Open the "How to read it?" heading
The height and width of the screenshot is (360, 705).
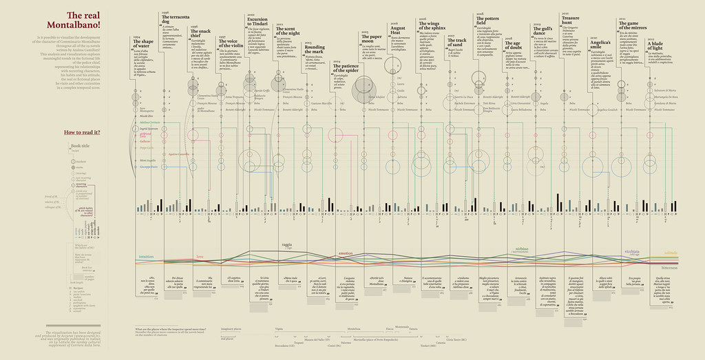[x=83, y=131]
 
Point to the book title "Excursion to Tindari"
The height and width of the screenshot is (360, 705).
[x=258, y=23]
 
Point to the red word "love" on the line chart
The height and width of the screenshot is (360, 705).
[x=200, y=257]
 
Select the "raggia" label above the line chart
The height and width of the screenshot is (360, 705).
[x=286, y=244]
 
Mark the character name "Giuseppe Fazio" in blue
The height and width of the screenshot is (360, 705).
[x=149, y=167]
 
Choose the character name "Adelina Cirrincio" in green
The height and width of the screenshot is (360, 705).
[x=150, y=122]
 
